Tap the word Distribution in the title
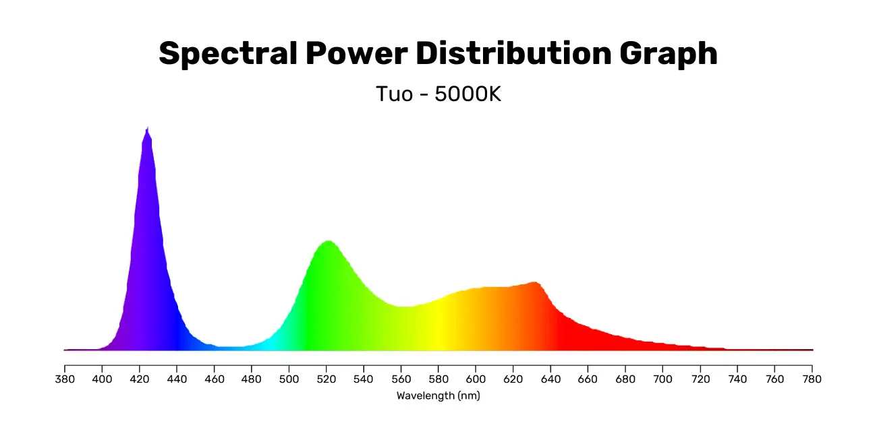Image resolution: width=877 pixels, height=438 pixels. point(511,53)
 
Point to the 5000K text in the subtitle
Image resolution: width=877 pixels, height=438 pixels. point(468,94)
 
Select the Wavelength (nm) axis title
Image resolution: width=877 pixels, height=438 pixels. point(438,396)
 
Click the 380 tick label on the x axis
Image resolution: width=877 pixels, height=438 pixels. point(65,379)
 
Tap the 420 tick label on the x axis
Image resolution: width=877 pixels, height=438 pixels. point(140,379)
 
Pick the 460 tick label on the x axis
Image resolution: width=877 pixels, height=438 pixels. point(215,379)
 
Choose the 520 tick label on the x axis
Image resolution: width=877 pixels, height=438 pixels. point(327,379)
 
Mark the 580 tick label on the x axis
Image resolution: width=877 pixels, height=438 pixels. point(438,379)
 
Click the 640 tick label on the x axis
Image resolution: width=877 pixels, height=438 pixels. point(550,379)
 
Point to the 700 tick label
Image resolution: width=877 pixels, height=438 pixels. point(662,379)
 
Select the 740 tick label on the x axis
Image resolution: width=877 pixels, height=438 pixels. point(737,379)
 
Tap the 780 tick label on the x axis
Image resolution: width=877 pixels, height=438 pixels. point(812,379)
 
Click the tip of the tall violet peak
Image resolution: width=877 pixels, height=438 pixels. point(147,128)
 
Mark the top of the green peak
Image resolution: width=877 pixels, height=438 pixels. point(328,241)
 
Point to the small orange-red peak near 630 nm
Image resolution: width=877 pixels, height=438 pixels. point(534,282)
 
